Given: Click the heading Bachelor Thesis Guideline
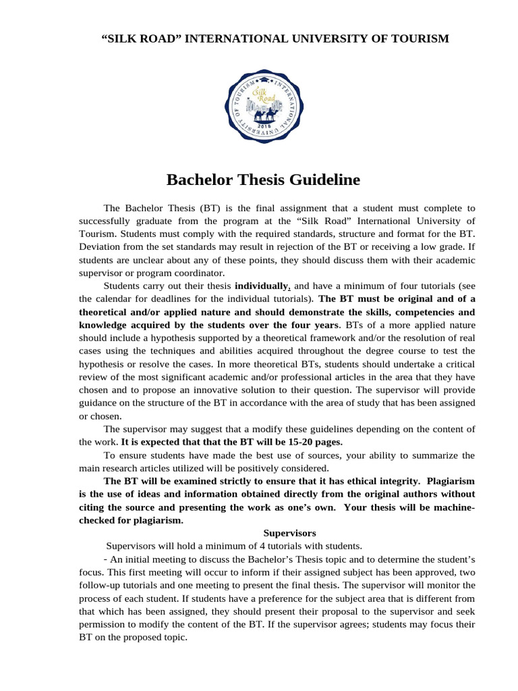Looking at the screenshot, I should coord(263,180).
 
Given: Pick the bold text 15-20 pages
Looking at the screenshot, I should coord(316,442).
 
